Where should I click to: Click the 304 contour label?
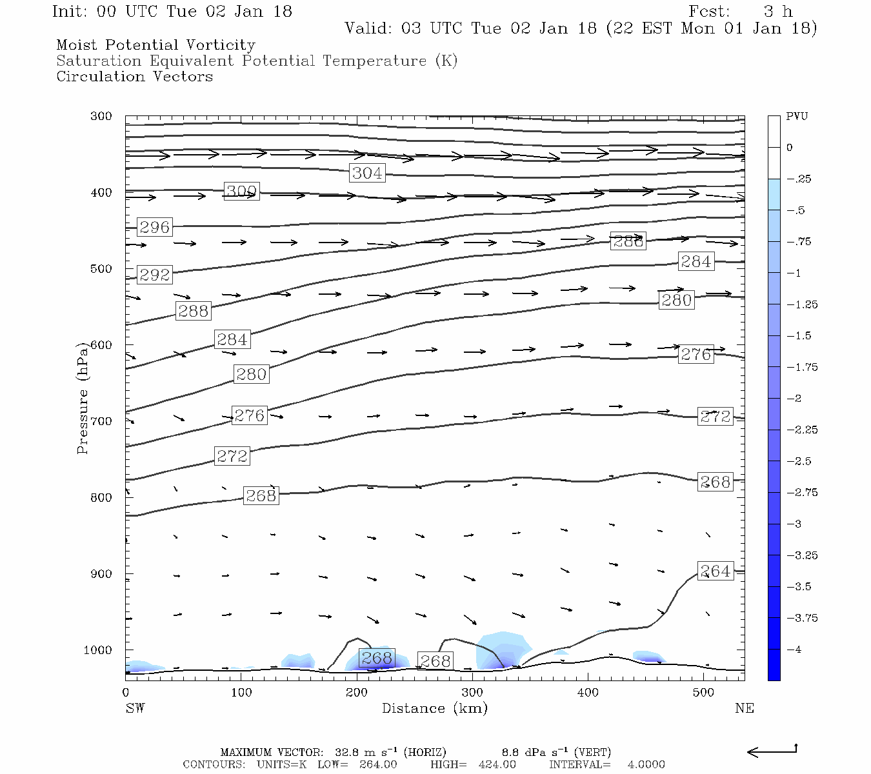click(367, 173)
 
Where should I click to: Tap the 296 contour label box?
click(155, 227)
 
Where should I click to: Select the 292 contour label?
click(155, 275)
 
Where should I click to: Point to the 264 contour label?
click(716, 571)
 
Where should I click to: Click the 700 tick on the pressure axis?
click(101, 421)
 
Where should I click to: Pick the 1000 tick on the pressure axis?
click(98, 650)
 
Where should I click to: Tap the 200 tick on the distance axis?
click(357, 693)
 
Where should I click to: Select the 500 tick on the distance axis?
click(704, 693)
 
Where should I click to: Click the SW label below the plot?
click(135, 708)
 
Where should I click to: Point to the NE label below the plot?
click(744, 708)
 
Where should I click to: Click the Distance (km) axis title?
click(434, 708)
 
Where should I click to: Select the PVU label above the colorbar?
click(797, 117)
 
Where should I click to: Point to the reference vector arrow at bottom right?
click(772, 751)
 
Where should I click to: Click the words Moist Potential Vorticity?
click(155, 45)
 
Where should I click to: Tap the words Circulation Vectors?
click(134, 77)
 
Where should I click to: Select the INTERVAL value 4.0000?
click(646, 764)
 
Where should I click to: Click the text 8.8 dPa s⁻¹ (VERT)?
click(556, 752)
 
